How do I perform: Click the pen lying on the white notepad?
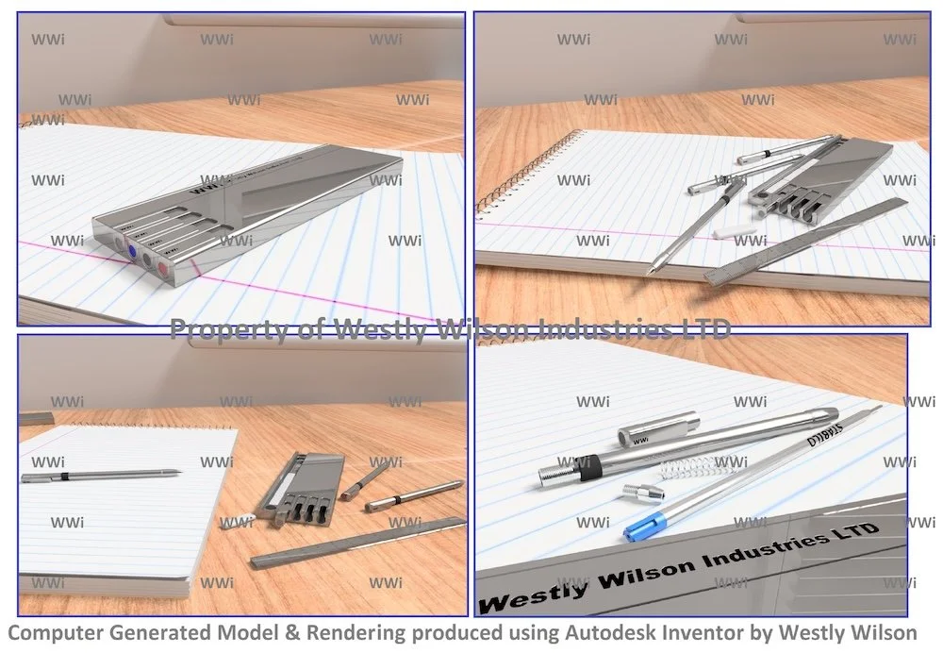click(x=99, y=475)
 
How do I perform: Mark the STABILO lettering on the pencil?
click(x=826, y=433)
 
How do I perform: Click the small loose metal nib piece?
click(x=643, y=493)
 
